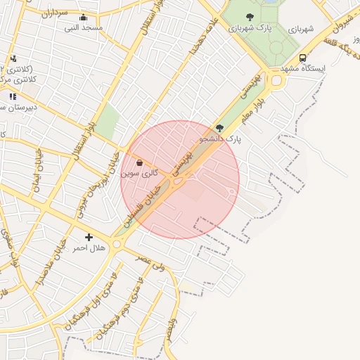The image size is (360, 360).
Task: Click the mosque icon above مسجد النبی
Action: click(83, 18)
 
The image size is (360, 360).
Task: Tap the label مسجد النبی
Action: click(84, 28)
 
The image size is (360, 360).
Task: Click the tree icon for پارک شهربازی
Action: click(250, 17)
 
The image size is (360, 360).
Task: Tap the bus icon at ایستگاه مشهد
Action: click(302, 58)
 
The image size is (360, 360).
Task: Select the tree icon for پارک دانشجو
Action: click(219, 129)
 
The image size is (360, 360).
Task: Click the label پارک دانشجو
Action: click(220, 139)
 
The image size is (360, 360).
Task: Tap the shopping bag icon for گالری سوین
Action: click(139, 163)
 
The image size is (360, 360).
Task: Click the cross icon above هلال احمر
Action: click(89, 238)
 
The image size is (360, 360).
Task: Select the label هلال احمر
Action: click(89, 248)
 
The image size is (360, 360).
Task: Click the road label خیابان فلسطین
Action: click(145, 203)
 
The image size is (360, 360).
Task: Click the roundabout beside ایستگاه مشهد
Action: click(275, 81)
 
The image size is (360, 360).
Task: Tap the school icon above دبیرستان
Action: click(13, 96)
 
